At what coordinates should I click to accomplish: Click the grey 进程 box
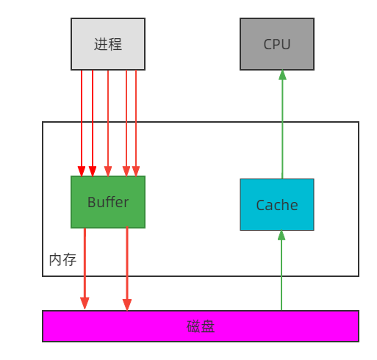click(x=108, y=44)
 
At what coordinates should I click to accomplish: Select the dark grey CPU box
click(x=277, y=44)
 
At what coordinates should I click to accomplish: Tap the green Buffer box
click(x=108, y=202)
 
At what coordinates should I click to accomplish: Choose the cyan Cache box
click(x=277, y=205)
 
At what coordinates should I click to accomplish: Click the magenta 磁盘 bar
click(x=201, y=326)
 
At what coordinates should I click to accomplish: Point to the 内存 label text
click(x=62, y=260)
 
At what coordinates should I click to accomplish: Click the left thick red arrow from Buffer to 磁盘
click(x=85, y=264)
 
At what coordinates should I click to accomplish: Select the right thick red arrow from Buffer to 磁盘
click(x=127, y=264)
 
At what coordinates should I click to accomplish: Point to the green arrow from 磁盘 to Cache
click(x=281, y=272)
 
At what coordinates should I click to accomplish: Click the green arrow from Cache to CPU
click(x=281, y=125)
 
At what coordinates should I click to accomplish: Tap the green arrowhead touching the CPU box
click(x=281, y=75)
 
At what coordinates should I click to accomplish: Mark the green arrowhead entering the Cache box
click(x=281, y=236)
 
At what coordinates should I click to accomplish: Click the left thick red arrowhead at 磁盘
click(x=85, y=303)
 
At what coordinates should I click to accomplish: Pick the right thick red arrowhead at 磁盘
click(x=127, y=303)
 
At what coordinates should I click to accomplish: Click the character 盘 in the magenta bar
click(x=208, y=326)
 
